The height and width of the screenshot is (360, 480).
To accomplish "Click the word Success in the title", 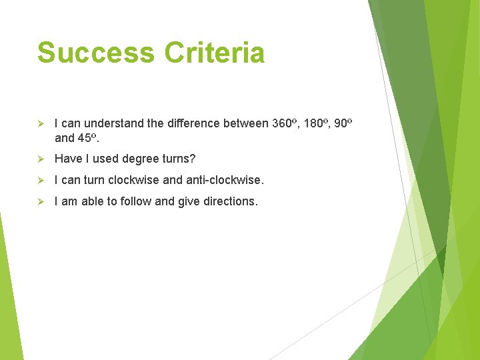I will click(x=94, y=53).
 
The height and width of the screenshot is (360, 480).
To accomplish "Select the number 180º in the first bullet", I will click(x=317, y=123).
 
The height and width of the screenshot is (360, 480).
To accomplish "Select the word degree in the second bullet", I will click(x=139, y=159).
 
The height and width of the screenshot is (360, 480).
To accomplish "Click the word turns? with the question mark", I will click(x=177, y=159).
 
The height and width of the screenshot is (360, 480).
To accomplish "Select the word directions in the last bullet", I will click(x=227, y=201).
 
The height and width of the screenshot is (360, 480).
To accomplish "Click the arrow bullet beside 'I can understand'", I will click(x=41, y=124).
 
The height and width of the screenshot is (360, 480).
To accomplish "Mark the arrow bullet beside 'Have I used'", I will click(x=41, y=159).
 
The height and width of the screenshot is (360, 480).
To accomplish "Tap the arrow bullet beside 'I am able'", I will click(x=41, y=201).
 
